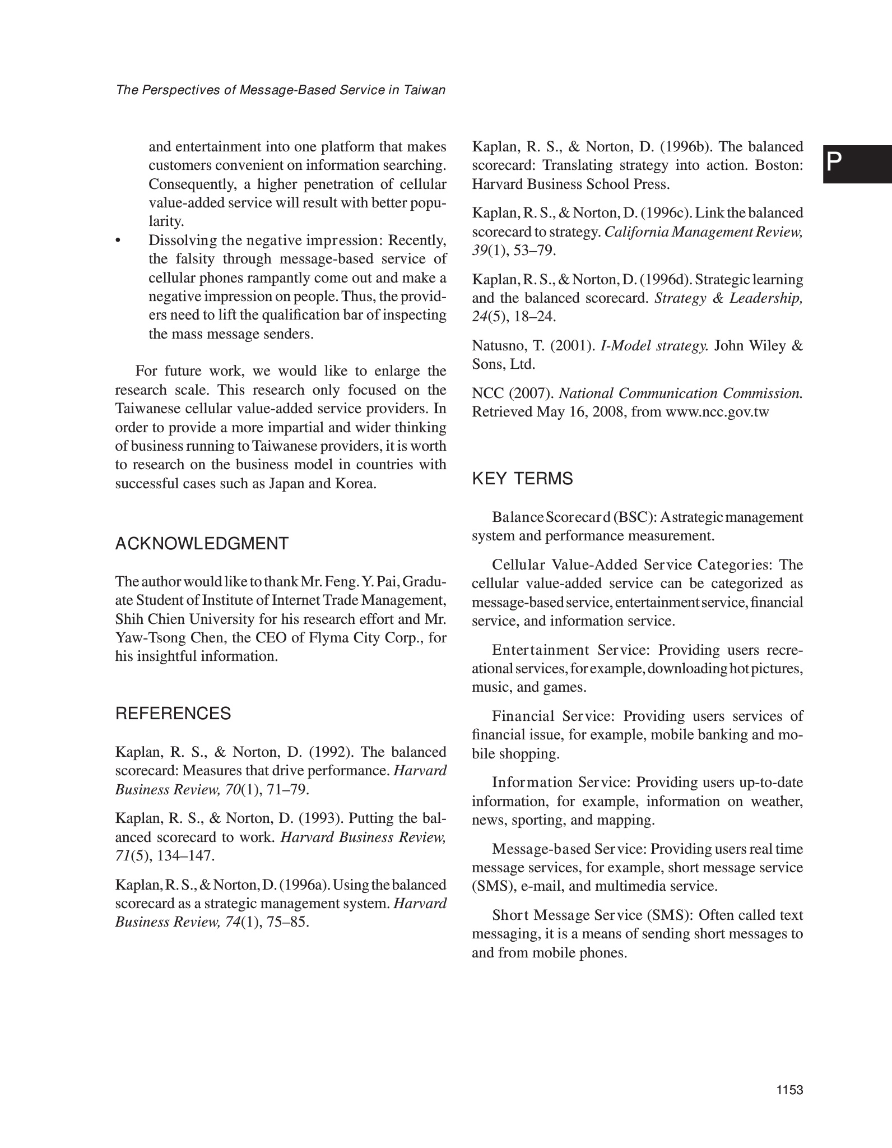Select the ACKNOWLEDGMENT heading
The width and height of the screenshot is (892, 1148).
202,543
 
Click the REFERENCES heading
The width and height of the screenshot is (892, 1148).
173,714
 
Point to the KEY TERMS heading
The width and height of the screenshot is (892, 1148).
522,479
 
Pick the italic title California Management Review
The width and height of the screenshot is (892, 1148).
703,232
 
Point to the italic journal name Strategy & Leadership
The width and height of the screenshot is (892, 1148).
728,298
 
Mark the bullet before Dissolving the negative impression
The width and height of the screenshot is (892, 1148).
118,241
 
